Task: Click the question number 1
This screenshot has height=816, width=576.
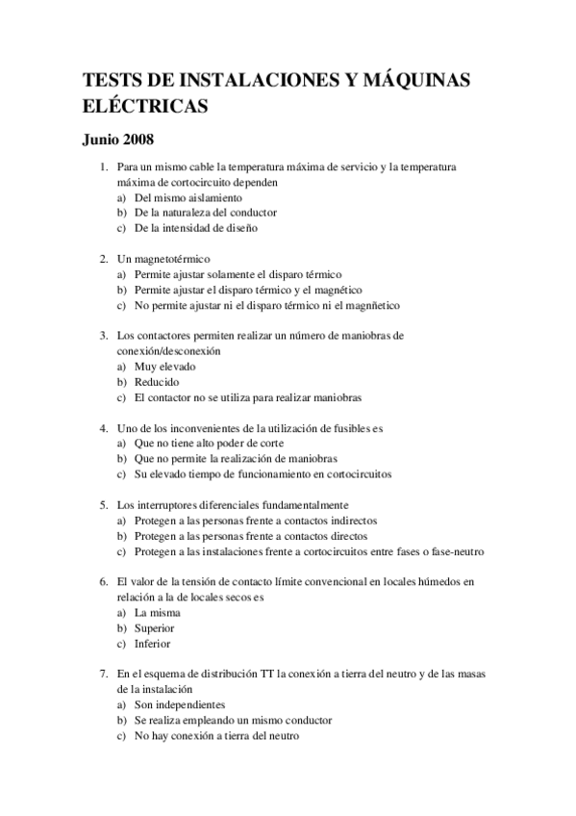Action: (x=103, y=166)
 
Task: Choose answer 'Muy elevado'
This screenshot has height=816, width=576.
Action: (x=164, y=367)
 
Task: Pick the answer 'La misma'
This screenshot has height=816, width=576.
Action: (x=158, y=612)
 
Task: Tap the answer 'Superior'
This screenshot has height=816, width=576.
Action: (x=155, y=627)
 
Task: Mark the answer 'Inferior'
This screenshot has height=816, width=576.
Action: (x=153, y=643)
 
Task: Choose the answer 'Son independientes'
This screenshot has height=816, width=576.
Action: (x=179, y=704)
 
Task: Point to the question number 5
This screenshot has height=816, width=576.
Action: (x=103, y=505)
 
